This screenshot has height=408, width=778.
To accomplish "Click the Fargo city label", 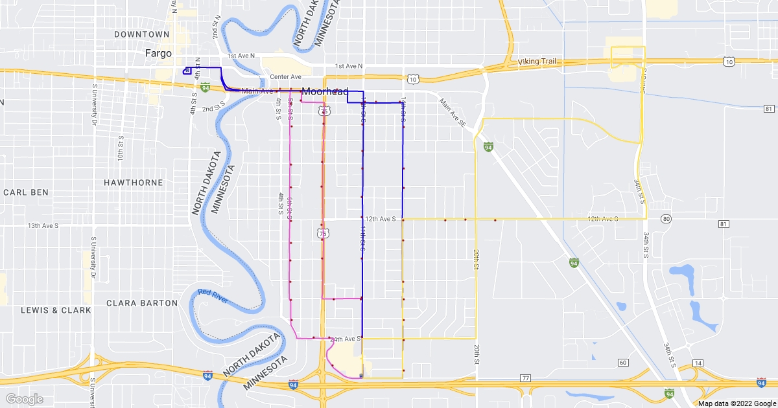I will pos(158,54).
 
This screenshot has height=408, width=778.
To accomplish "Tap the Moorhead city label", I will pos(325,91).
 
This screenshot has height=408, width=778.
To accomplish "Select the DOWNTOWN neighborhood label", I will pos(141,34).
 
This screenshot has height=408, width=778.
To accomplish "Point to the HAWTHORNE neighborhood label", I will pos(134,183).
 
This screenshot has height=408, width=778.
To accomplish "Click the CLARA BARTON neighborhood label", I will pos(141,302).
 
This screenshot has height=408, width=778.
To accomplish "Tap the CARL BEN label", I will pos(26,192).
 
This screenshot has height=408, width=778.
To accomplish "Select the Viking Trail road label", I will pos(537,62).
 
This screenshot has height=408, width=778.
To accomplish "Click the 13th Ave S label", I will pos(43,225).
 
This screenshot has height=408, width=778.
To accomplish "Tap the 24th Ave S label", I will pos(345,339).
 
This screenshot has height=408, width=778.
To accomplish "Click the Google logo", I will pos(25,399).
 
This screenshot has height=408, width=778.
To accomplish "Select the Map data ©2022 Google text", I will pos(736,403).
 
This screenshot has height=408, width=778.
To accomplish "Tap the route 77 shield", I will pos(525,378).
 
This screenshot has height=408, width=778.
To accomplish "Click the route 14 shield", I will pos(698,363).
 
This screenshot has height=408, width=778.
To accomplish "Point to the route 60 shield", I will pos(622,362).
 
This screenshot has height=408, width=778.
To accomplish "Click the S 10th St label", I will pos(121,153).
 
